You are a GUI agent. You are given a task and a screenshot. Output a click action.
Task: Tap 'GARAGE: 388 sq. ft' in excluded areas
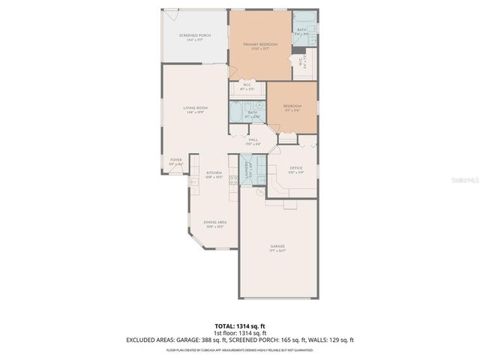214,340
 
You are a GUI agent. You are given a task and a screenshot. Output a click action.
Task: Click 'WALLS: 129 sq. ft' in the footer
332,340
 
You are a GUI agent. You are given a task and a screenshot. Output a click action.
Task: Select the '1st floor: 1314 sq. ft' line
240,333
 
